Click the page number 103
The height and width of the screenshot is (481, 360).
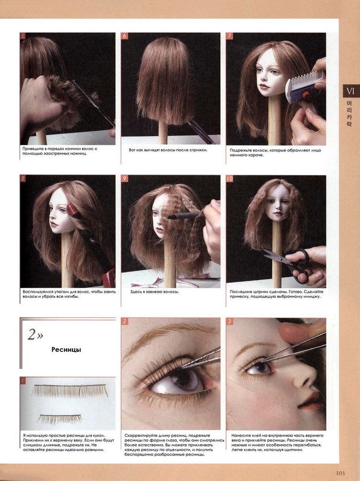coord(340,473)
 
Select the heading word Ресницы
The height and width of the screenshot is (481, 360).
coord(66,350)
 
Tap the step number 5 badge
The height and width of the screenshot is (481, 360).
coord(23,36)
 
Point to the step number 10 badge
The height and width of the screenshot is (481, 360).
coord(230,178)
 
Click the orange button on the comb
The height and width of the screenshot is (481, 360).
coord(306,95)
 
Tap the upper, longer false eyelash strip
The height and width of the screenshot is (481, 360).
coord(70,390)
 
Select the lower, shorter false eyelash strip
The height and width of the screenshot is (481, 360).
coord(60,418)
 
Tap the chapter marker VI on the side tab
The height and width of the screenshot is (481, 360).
coord(350,91)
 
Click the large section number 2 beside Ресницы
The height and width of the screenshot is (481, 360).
coord(32,334)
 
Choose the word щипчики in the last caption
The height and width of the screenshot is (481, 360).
coord(293,450)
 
